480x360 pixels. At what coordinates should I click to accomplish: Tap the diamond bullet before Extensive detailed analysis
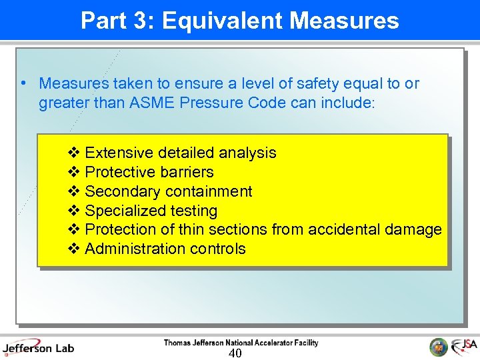(x=74, y=153)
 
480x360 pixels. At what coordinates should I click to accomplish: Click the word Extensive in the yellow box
(x=117, y=153)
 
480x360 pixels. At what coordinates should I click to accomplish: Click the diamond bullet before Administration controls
(x=74, y=249)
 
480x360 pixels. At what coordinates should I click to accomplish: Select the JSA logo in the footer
(x=465, y=347)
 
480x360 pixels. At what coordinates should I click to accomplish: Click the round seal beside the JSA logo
(x=439, y=347)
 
